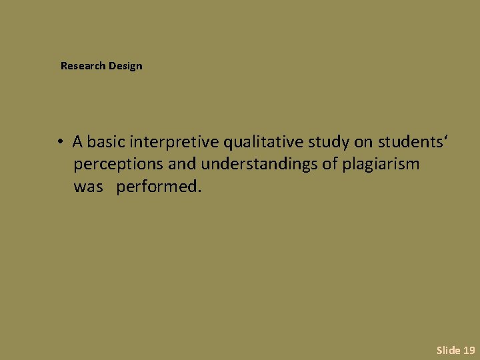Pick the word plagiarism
381,164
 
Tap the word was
88,187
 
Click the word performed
158,187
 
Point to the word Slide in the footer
448,349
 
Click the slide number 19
469,349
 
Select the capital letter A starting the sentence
78,141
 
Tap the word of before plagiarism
330,164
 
